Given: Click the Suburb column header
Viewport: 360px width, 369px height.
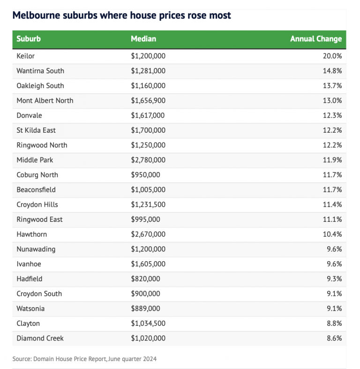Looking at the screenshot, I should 29,39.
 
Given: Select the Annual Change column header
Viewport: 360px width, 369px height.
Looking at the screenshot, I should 316,39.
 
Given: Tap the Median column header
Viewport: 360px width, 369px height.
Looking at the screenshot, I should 143,39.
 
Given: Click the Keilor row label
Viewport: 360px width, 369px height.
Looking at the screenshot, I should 26,56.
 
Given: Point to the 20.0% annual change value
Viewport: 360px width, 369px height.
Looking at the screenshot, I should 332,56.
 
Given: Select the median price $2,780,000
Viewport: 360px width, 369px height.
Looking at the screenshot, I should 148,160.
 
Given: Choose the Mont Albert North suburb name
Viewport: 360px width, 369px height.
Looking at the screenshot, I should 45,100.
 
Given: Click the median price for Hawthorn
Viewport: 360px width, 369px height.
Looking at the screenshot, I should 148,234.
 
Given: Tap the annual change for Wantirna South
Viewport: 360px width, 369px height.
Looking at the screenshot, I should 332,71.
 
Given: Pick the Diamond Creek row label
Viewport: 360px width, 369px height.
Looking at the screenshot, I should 40,338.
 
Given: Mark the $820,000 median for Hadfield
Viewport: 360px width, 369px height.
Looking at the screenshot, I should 145,279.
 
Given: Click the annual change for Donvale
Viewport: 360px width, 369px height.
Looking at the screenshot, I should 332,115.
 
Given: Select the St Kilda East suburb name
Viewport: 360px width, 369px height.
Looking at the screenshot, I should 36,130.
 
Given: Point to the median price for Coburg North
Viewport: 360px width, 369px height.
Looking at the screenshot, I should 145,175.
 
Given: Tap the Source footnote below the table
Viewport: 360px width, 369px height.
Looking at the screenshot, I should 84,359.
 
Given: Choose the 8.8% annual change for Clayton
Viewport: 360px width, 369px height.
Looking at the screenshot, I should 333,323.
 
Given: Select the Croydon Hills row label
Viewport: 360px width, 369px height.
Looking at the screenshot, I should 37,204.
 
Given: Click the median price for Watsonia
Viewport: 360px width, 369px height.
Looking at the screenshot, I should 145,309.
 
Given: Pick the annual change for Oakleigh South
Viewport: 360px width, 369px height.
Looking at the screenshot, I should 332,86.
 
